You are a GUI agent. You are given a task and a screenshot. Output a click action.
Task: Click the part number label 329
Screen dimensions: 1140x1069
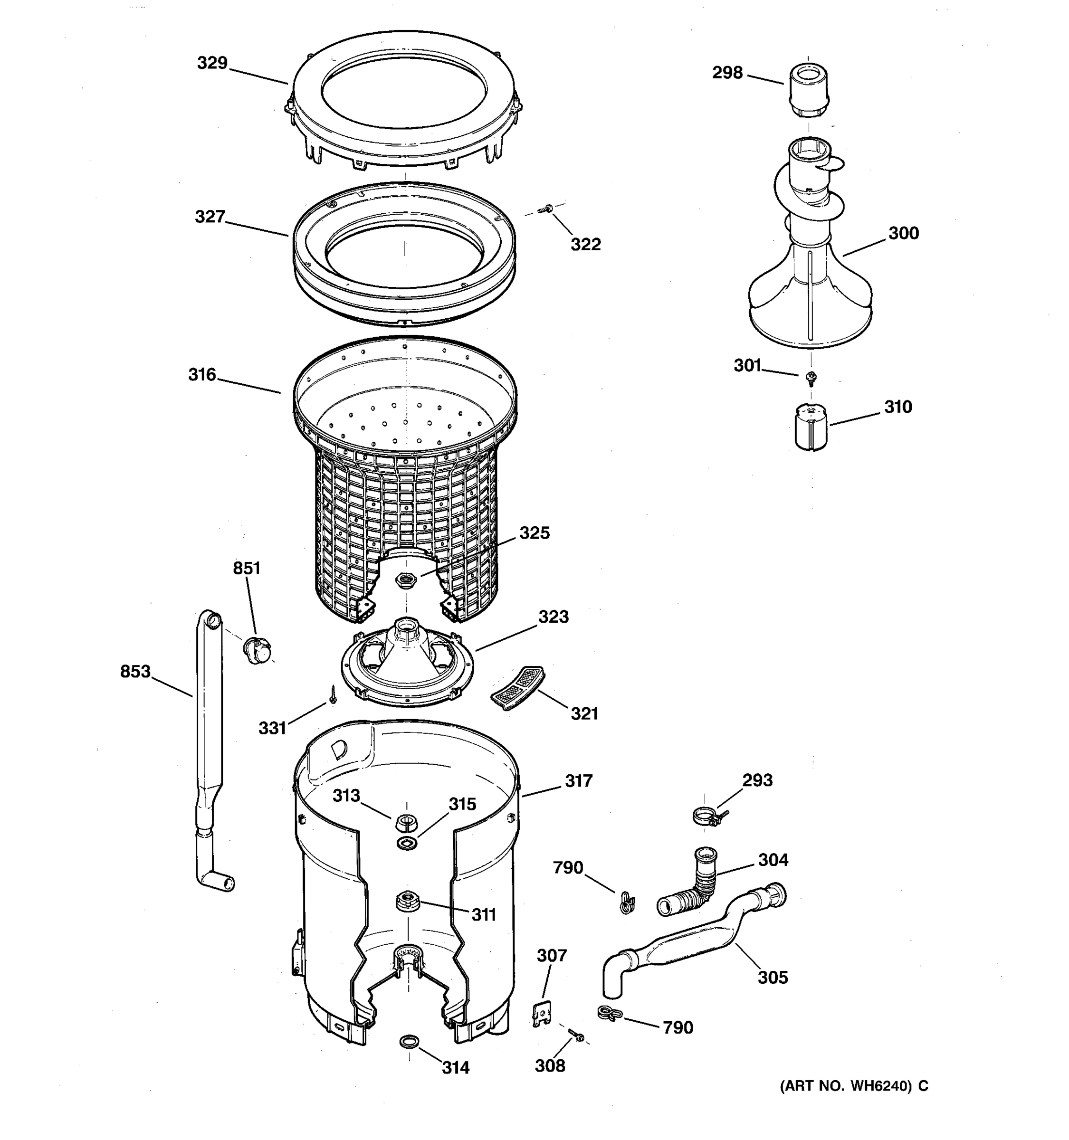[x=212, y=63]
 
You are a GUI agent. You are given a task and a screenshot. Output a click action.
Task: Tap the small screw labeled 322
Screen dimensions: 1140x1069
[x=546, y=209]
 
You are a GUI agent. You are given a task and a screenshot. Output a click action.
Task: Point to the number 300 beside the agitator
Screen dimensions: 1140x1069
[x=903, y=233]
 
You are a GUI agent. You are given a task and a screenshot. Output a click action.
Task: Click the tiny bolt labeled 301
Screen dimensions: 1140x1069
[x=811, y=377]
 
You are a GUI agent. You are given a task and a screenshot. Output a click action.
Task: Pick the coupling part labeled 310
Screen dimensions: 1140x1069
[x=811, y=426]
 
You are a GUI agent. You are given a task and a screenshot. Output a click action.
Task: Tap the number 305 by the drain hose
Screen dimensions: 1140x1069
[x=773, y=977]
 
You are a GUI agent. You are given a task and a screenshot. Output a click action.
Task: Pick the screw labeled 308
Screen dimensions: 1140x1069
[x=576, y=1035]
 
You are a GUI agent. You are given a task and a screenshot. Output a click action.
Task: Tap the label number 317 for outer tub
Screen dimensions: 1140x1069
[x=578, y=780]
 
